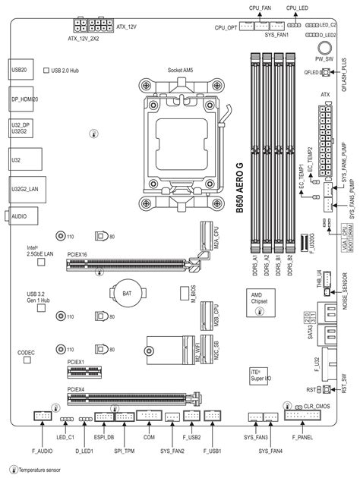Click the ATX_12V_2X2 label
[x=83, y=36]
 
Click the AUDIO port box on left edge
[x=21, y=216]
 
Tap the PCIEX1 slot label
[x=76, y=363]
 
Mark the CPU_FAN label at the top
[x=261, y=6]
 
